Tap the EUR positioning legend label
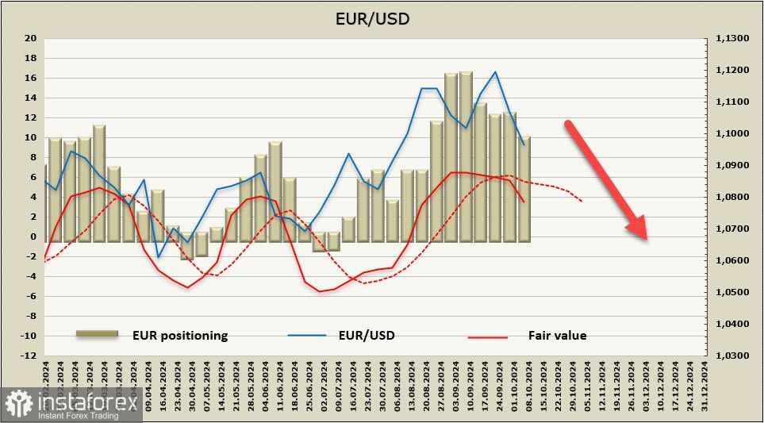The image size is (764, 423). pyautogui.click(x=180, y=336)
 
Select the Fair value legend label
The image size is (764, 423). pyautogui.click(x=557, y=336)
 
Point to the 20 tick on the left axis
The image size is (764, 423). pyautogui.click(x=31, y=38)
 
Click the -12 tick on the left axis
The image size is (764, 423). pyautogui.click(x=29, y=356)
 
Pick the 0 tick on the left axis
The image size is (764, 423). pyautogui.click(x=33, y=236)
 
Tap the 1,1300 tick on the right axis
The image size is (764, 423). pyautogui.click(x=732, y=38)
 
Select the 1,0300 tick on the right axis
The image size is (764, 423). pyautogui.click(x=732, y=356)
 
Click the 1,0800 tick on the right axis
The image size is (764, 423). pyautogui.click(x=732, y=197)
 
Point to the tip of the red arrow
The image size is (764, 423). pyautogui.click(x=647, y=239)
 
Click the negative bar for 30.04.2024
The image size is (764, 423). pyautogui.click(x=187, y=248)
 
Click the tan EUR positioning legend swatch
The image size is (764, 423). pyautogui.click(x=97, y=335)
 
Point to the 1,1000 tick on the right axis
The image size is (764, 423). pyautogui.click(x=732, y=133)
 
